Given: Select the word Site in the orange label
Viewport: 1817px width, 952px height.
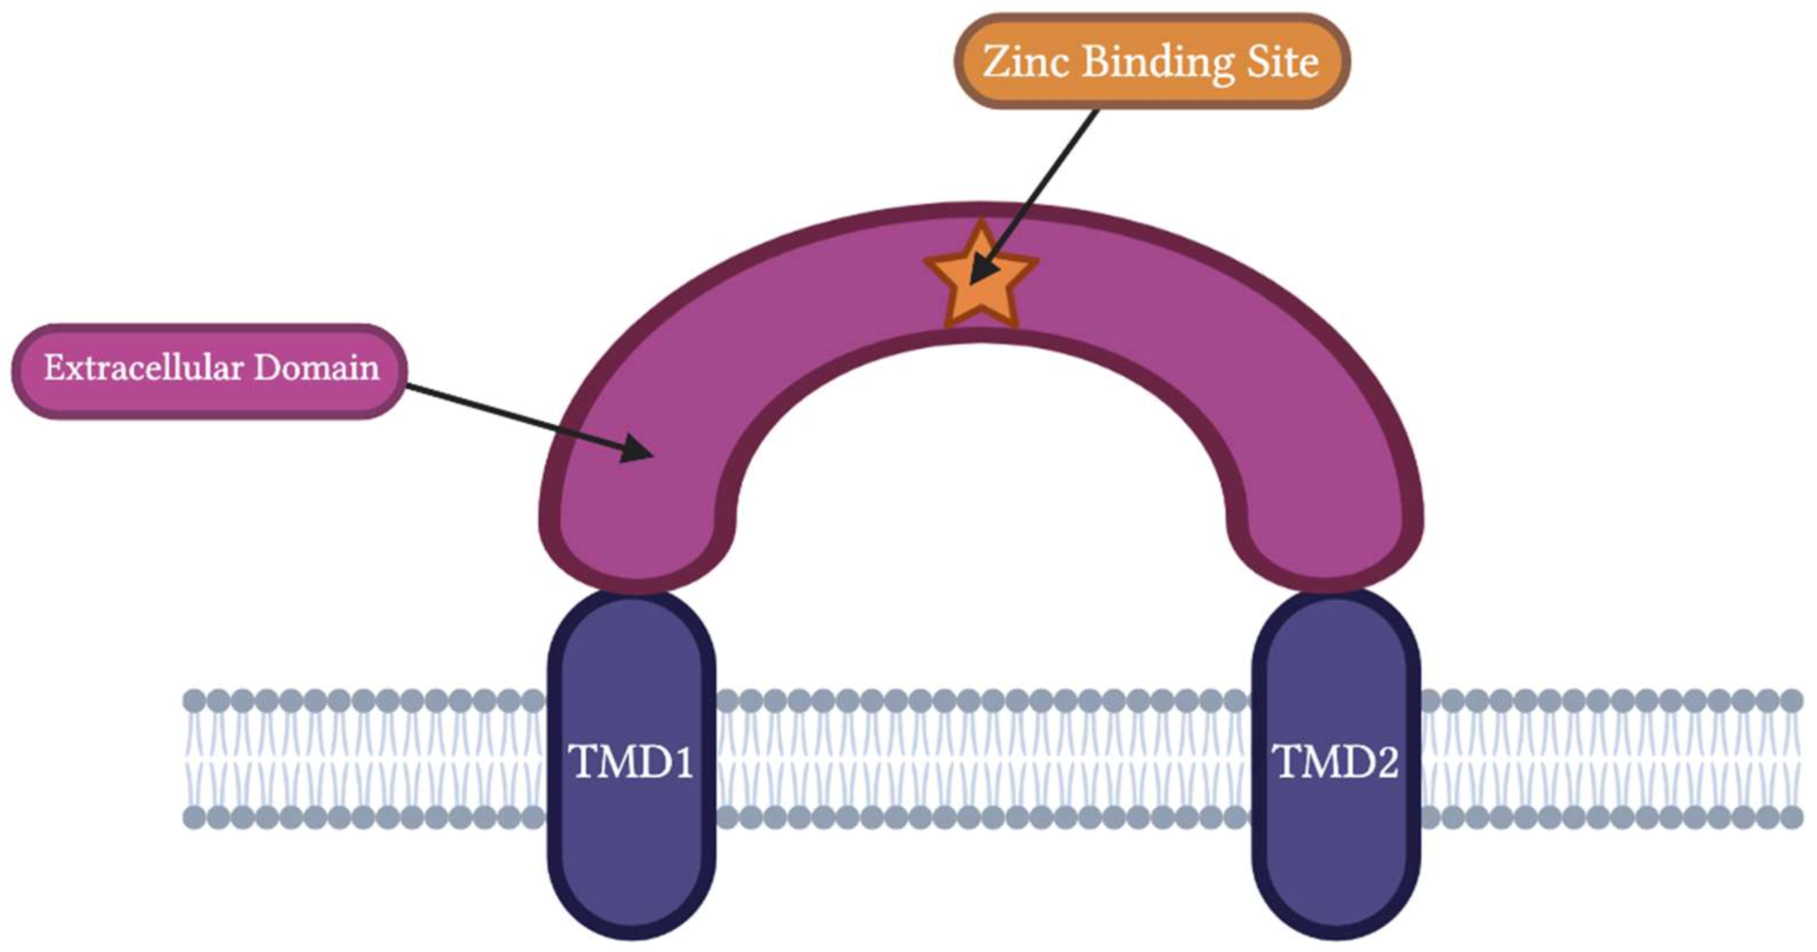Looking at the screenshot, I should (x=1282, y=62).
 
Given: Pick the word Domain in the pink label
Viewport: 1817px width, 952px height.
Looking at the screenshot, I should (x=317, y=367).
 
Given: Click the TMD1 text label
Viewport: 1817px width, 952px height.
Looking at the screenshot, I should (x=631, y=761).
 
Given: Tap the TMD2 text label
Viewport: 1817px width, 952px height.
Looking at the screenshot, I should (x=1335, y=761).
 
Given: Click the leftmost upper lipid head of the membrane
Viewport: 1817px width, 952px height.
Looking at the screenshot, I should (x=194, y=701).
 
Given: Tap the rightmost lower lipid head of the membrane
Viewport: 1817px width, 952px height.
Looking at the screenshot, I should (x=1791, y=817).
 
